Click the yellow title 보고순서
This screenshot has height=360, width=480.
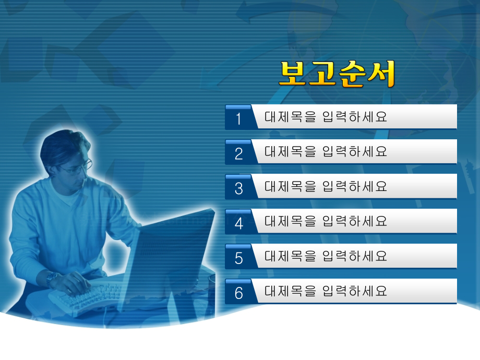pyautogui.click(x=337, y=74)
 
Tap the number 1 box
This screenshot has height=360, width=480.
pyautogui.click(x=238, y=118)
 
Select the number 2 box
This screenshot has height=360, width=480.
pyautogui.click(x=238, y=153)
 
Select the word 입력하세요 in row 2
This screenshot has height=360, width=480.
pyautogui.click(x=355, y=152)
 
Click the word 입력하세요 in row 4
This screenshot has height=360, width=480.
pyautogui.click(x=355, y=221)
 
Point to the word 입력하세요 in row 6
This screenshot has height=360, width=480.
pyautogui.click(x=355, y=291)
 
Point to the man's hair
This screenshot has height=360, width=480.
pyautogui.click(x=60, y=146)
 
